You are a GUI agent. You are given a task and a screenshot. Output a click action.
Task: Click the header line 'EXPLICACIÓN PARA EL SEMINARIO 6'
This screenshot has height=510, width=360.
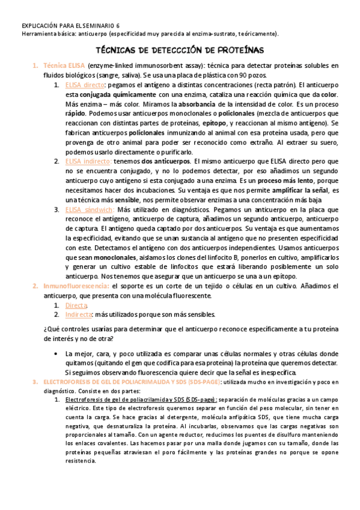pos(70,25)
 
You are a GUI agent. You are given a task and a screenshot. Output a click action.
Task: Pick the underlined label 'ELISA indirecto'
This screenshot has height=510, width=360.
pos(88,161)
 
